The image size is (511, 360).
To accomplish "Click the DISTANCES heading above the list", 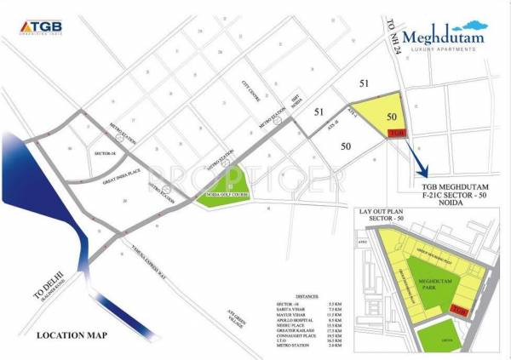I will click(287, 297).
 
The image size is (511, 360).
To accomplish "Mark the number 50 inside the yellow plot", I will click(391, 116).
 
